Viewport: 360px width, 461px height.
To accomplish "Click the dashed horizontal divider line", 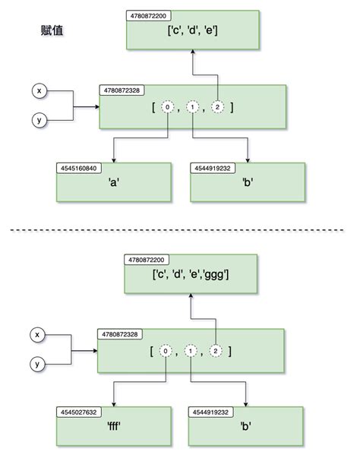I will click(180, 229).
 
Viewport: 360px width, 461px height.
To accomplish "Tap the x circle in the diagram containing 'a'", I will click(39, 91).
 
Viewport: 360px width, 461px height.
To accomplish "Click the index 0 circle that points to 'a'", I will click(167, 107).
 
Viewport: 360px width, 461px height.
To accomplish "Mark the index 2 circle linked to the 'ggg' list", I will click(217, 351).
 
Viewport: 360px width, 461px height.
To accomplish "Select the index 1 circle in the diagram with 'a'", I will click(193, 107).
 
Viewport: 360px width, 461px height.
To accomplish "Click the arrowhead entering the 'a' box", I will click(113, 159).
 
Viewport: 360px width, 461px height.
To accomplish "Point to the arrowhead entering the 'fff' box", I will click(113, 404).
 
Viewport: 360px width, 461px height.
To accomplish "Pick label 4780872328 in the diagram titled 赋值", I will click(122, 90).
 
